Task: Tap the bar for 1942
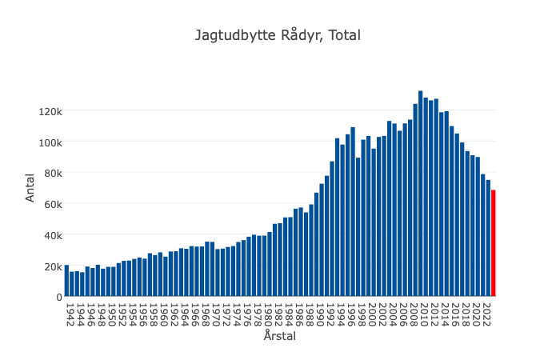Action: pyautogui.click(x=66, y=281)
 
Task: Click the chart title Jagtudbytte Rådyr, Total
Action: pyautogui.click(x=278, y=35)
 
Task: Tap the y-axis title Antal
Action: pyautogui.click(x=30, y=188)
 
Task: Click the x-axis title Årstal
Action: pyautogui.click(x=280, y=337)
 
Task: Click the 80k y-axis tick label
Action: pyautogui.click(x=52, y=173)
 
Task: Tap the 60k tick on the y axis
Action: pyautogui.click(x=52, y=204)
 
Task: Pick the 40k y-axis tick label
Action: pyautogui.click(x=52, y=234)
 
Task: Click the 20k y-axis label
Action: pyautogui.click(x=52, y=266)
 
